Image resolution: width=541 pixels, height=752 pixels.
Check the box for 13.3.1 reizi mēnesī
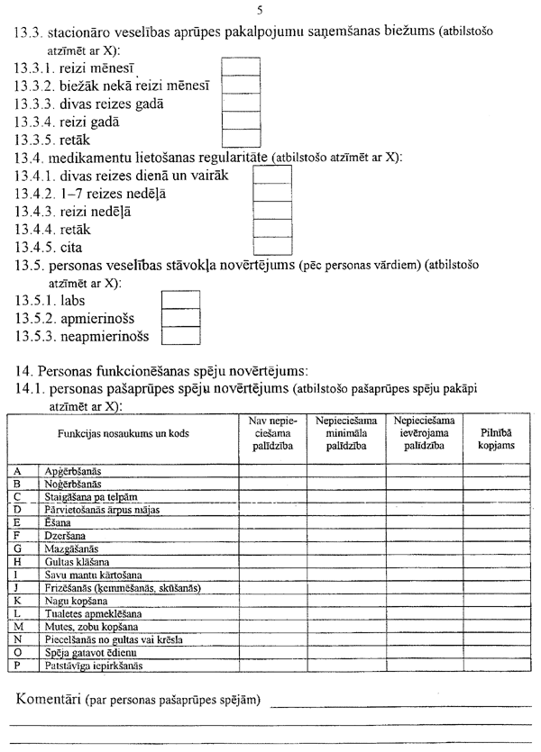241,68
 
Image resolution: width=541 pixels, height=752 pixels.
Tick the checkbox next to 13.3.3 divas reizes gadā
241,103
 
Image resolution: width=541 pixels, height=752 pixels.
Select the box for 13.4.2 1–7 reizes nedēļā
272,193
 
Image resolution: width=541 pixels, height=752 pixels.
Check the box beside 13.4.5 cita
272,245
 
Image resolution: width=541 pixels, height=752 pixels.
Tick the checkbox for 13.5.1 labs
179,300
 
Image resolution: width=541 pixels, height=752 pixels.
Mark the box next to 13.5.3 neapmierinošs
179,336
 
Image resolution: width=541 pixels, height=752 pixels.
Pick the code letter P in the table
18,667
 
